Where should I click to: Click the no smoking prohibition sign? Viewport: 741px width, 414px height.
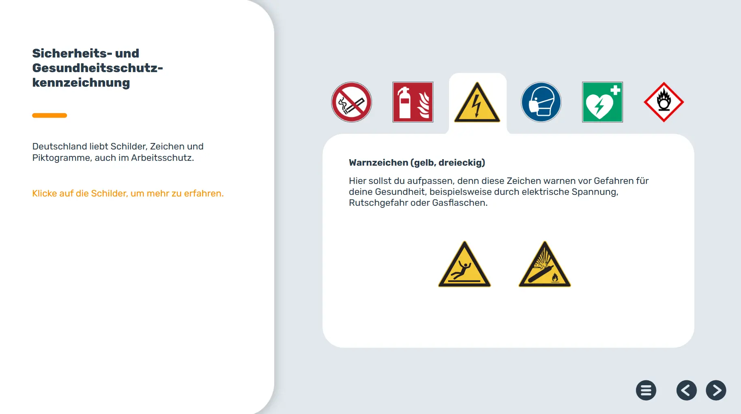tap(352, 102)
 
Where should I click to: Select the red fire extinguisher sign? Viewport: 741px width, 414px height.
tap(413, 102)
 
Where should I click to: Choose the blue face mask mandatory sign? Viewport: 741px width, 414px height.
tap(541, 102)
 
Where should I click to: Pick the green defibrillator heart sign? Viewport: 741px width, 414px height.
tap(602, 102)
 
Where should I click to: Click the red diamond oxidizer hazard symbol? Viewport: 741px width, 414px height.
tap(664, 102)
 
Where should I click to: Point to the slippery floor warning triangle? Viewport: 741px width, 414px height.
tap(465, 265)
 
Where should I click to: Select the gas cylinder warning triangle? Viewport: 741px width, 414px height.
tap(545, 265)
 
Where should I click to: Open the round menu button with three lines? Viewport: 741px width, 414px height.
tap(646, 391)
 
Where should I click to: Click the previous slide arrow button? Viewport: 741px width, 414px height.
tap(687, 391)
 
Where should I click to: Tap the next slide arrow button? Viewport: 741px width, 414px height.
tap(716, 391)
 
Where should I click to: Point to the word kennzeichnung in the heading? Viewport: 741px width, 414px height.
tap(81, 83)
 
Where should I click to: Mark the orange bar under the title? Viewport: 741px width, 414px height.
tap(49, 115)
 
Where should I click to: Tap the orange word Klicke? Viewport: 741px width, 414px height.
tap(45, 193)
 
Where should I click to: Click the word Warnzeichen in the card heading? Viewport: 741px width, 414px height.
tap(378, 162)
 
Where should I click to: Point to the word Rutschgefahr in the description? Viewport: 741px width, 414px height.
tap(378, 203)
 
